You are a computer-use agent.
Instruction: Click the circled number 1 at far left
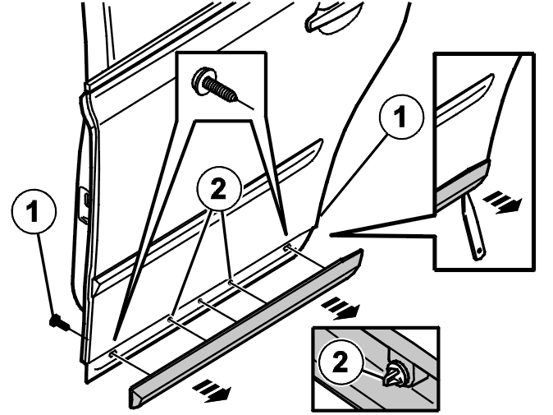pos(34,211)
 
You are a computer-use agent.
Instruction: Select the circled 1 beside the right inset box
pos(401,117)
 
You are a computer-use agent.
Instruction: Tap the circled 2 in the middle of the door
pos(219,189)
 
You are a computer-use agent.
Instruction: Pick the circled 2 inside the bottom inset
pos(340,362)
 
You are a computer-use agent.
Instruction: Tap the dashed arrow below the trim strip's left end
pos(212,390)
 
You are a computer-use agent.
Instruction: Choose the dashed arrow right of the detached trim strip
pos(340,307)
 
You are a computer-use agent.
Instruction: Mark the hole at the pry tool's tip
pos(479,251)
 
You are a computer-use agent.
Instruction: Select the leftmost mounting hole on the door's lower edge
pos(113,354)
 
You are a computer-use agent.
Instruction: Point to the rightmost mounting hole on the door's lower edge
pos(287,248)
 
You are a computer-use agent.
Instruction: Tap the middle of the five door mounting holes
pos(200,302)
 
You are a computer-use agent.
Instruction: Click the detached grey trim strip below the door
pos(246,329)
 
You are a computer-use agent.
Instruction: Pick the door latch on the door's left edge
pos(84,205)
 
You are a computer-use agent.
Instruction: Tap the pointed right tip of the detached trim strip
pos(362,251)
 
